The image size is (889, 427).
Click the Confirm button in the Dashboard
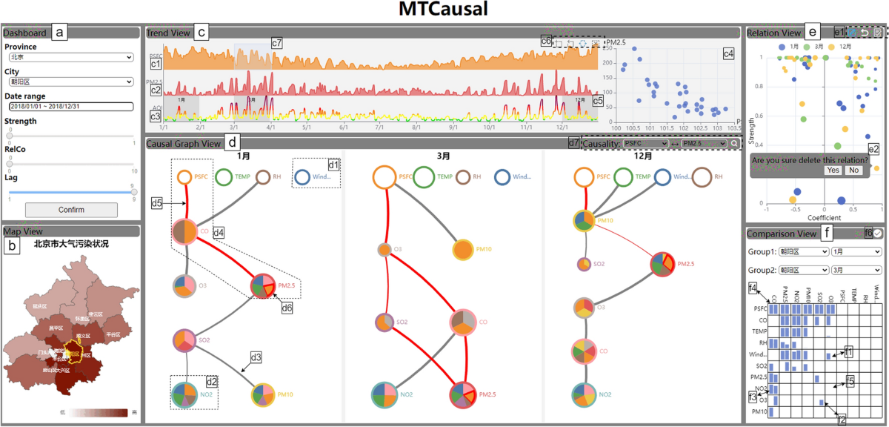71,210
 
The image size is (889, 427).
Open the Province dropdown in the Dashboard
70,56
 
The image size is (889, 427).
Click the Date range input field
70,107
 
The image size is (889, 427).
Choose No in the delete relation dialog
853,171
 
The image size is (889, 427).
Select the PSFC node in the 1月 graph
184,177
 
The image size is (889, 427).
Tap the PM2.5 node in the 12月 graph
662,264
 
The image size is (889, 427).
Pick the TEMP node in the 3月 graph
424,177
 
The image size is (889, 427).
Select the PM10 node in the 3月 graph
463,250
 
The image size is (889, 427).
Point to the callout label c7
276,44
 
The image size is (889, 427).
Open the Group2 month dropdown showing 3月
856,271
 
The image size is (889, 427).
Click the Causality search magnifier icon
733,144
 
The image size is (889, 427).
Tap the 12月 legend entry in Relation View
863,46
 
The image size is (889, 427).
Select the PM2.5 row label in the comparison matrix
757,377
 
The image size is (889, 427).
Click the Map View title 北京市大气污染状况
71,243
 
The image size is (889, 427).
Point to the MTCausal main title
444,10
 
